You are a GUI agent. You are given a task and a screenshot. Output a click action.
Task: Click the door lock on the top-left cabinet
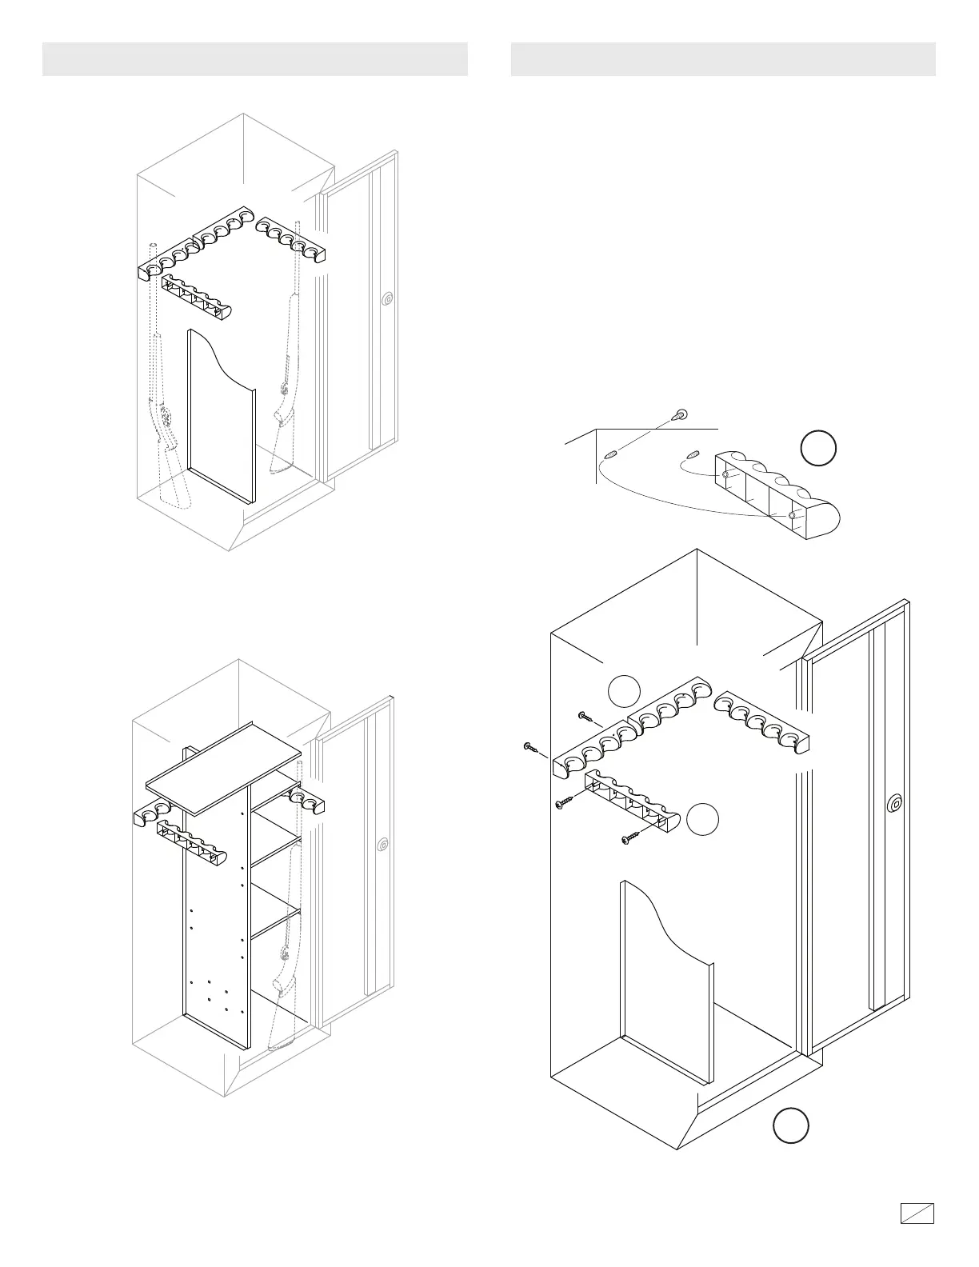click(x=388, y=299)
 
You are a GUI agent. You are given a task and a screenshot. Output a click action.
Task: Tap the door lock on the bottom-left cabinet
click(x=385, y=844)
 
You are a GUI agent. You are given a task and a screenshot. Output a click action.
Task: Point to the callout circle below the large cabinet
click(x=790, y=1125)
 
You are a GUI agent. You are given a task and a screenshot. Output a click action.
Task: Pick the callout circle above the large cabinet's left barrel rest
click(x=624, y=691)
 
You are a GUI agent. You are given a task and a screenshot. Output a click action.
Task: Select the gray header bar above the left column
click(x=254, y=59)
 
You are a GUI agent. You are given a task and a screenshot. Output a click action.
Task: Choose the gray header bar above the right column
click(x=723, y=59)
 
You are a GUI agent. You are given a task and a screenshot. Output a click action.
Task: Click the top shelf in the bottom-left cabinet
click(x=224, y=766)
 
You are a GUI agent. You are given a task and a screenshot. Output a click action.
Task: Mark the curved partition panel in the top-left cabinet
click(x=221, y=416)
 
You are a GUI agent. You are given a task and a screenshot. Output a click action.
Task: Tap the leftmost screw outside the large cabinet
click(x=529, y=747)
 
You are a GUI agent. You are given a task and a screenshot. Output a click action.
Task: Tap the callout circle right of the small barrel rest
click(x=703, y=818)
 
